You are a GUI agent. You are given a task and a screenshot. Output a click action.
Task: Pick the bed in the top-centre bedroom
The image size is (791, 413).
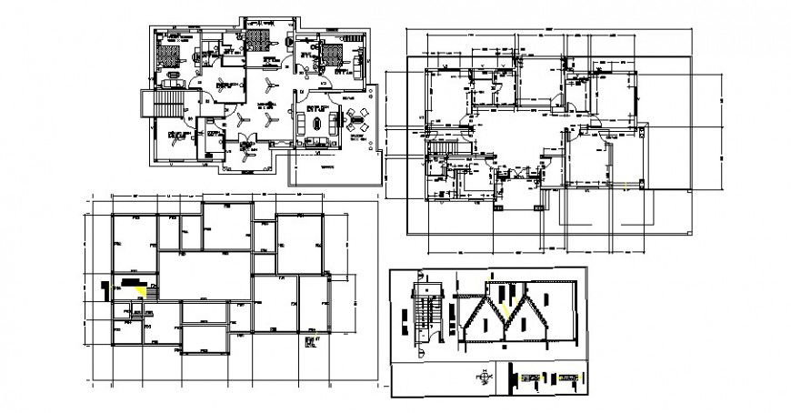(x=261, y=42)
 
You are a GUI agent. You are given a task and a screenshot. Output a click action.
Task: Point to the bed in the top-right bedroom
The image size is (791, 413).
(x=333, y=51)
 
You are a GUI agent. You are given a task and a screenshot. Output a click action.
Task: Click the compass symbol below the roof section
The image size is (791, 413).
(x=484, y=374)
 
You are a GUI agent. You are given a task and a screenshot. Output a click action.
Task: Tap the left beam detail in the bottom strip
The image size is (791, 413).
(x=531, y=375)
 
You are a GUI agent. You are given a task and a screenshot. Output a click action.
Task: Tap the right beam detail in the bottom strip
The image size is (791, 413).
(x=569, y=375)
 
